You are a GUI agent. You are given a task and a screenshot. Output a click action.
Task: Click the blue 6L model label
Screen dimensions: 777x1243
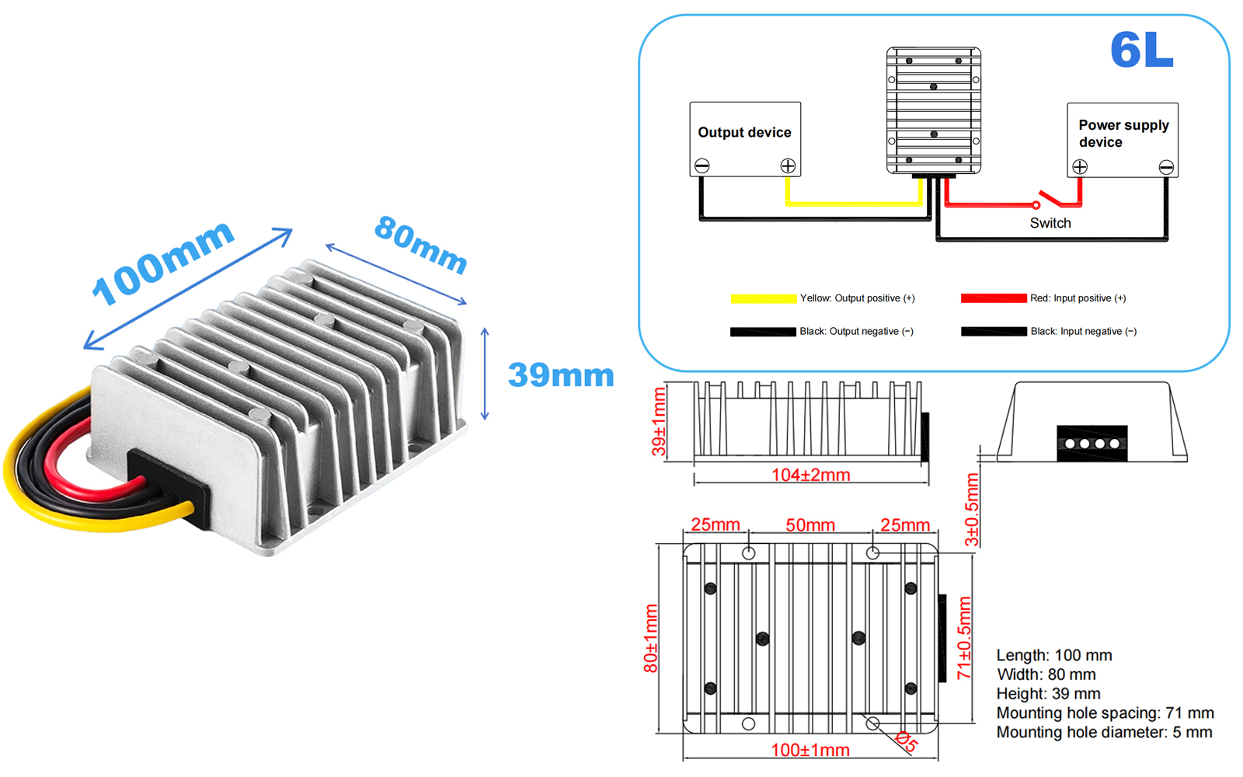click(x=1141, y=51)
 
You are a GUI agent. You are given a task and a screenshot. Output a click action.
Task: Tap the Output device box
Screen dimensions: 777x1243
click(x=744, y=138)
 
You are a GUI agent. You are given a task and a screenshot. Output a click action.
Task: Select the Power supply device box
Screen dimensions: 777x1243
click(x=1122, y=138)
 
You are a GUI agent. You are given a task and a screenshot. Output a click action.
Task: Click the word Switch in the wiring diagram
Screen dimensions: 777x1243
click(x=1050, y=223)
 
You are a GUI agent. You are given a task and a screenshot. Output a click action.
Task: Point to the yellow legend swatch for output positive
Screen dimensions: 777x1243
click(x=763, y=298)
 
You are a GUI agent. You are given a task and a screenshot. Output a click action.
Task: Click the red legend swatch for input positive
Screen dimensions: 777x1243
click(x=993, y=298)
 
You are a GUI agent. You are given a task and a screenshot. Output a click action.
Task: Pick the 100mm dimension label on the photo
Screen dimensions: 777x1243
click(x=162, y=263)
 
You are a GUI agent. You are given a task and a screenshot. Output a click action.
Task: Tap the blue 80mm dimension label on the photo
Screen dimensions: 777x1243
click(x=420, y=245)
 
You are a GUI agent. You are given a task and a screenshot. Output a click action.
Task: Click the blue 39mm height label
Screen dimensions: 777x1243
click(x=560, y=375)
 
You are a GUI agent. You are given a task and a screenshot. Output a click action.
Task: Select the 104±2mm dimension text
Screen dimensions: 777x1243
click(x=810, y=475)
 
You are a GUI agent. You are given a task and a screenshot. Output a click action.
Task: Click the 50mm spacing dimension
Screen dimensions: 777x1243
click(x=810, y=525)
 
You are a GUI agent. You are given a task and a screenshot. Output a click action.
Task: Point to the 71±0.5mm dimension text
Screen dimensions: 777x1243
click(x=964, y=638)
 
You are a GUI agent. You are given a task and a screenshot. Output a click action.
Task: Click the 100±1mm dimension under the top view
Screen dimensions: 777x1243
click(x=810, y=750)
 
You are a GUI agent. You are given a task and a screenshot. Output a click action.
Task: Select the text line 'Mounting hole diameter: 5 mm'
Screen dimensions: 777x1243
click(x=1104, y=732)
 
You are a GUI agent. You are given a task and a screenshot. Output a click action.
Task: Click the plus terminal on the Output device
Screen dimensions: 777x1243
click(x=788, y=166)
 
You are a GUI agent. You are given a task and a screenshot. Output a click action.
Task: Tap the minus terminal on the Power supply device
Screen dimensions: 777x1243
click(x=1165, y=167)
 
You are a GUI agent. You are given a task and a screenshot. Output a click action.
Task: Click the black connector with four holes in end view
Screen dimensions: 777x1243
click(x=1092, y=443)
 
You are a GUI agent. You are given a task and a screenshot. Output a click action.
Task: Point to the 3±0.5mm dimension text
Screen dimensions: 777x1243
click(x=971, y=510)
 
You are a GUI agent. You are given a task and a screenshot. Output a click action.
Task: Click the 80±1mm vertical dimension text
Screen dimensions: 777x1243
click(x=650, y=638)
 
